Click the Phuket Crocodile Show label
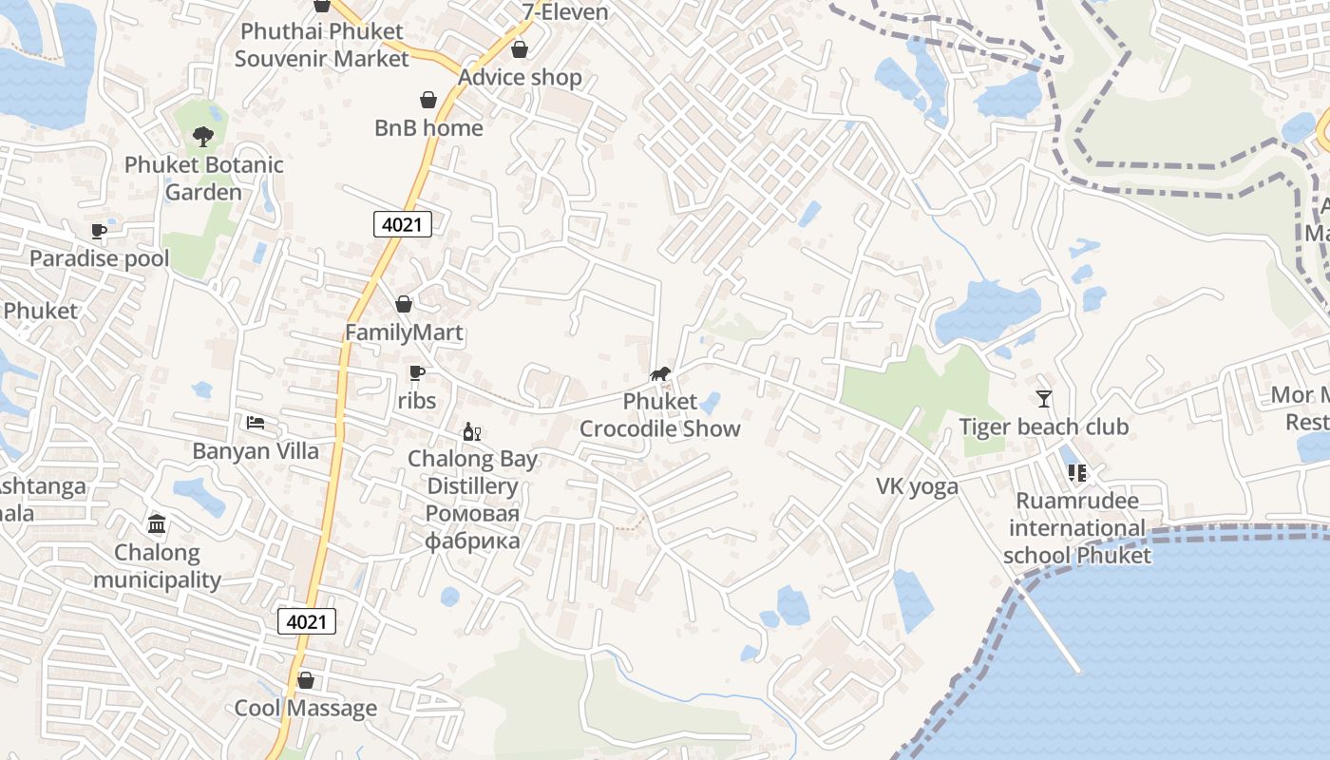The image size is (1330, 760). [x=659, y=415]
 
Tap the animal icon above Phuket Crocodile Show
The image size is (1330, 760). [x=660, y=373]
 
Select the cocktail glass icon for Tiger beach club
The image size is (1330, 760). [x=1044, y=398]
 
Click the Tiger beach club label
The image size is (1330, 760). [x=1044, y=427]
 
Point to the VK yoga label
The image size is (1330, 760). [x=917, y=486]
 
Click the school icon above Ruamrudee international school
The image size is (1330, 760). [x=1076, y=472]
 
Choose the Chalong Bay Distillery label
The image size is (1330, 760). [x=472, y=472]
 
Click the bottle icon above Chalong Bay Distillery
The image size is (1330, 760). [x=471, y=432]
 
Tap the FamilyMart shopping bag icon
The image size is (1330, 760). [x=404, y=304]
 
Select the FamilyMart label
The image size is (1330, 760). [x=404, y=332]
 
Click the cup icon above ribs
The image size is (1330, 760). [x=416, y=372]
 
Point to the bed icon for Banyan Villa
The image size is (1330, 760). [x=256, y=422]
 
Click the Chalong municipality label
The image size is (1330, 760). [x=157, y=565]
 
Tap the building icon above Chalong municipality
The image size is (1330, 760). [x=157, y=523]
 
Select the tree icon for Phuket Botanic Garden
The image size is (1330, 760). [x=202, y=137]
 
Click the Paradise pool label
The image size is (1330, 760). [x=99, y=258]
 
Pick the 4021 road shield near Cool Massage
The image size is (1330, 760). [x=307, y=622]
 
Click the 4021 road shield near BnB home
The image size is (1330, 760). [x=403, y=224]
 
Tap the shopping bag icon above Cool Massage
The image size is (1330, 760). [x=306, y=680]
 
